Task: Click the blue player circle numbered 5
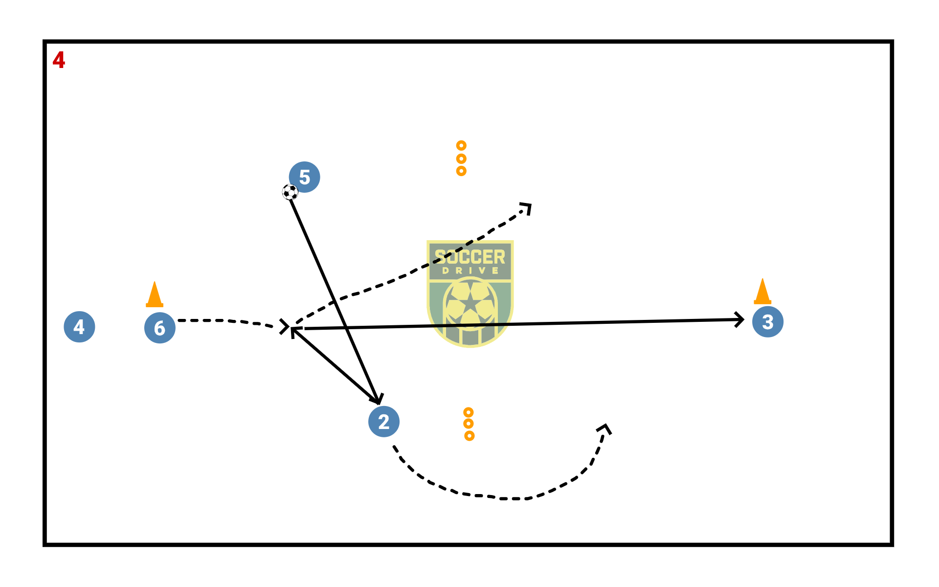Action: coord(304,177)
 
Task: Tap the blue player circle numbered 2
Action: coord(384,421)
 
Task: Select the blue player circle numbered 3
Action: coord(767,322)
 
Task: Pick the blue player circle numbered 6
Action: coord(160,328)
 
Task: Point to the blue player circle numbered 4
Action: coord(79,327)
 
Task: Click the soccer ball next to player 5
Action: coord(290,192)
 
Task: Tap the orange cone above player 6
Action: coord(155,295)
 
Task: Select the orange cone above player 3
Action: coord(762,292)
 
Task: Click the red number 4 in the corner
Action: coord(59,60)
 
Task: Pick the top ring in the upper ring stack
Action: coord(461,145)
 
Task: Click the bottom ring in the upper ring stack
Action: coord(461,171)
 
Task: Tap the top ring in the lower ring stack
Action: coord(468,412)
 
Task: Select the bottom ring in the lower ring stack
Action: coord(469,435)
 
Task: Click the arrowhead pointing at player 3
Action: coord(740,320)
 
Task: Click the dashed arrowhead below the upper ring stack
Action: coord(527,208)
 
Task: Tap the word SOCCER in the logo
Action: coord(470,257)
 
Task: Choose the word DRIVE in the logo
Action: coord(470,271)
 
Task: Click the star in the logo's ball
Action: coord(470,302)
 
